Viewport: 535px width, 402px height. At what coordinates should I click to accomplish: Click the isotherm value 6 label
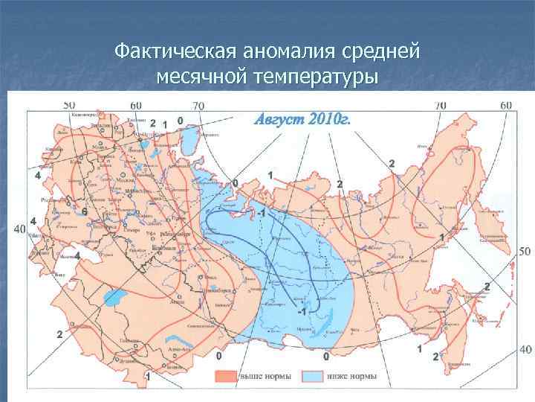85,212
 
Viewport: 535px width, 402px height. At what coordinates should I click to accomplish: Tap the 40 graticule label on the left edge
21,228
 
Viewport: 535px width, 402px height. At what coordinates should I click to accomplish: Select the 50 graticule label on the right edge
525,252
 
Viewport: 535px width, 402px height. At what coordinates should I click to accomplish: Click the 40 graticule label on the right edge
525,348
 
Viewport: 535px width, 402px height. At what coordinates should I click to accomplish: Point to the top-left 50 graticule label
70,105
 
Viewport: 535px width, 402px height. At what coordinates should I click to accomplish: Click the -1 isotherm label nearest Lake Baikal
301,309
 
